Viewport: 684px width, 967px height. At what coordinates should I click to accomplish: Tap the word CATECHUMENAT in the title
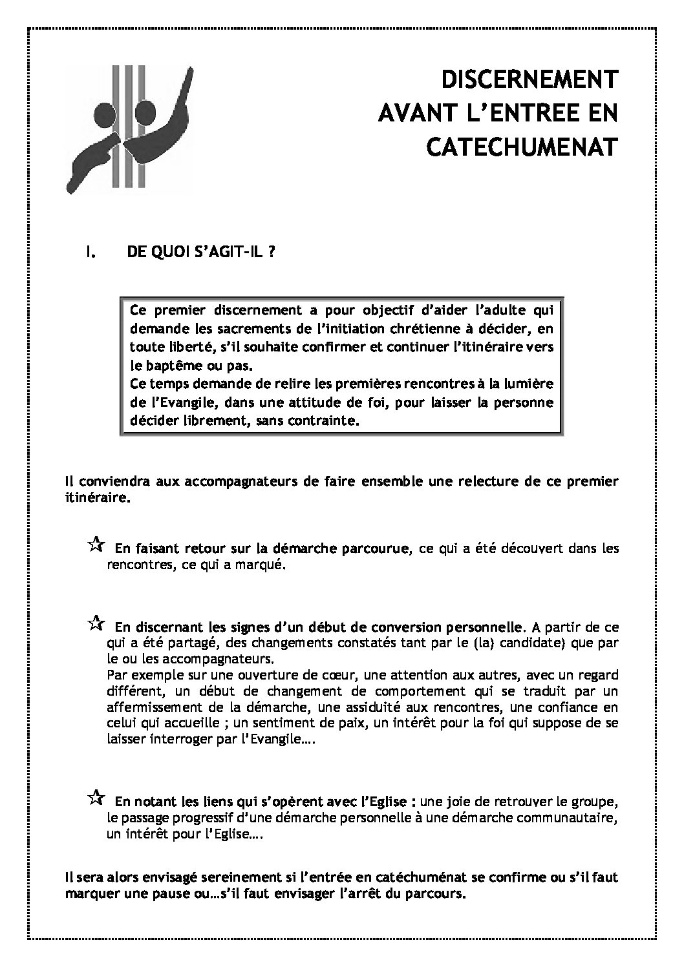pyautogui.click(x=522, y=147)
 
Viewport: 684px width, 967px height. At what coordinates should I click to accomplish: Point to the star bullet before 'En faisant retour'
pyautogui.click(x=94, y=545)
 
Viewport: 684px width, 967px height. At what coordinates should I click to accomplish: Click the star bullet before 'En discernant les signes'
pyautogui.click(x=94, y=623)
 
